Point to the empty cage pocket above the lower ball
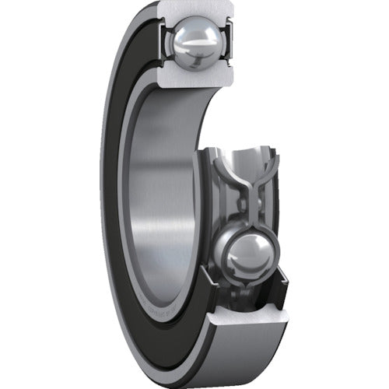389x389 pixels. click(247, 159)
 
